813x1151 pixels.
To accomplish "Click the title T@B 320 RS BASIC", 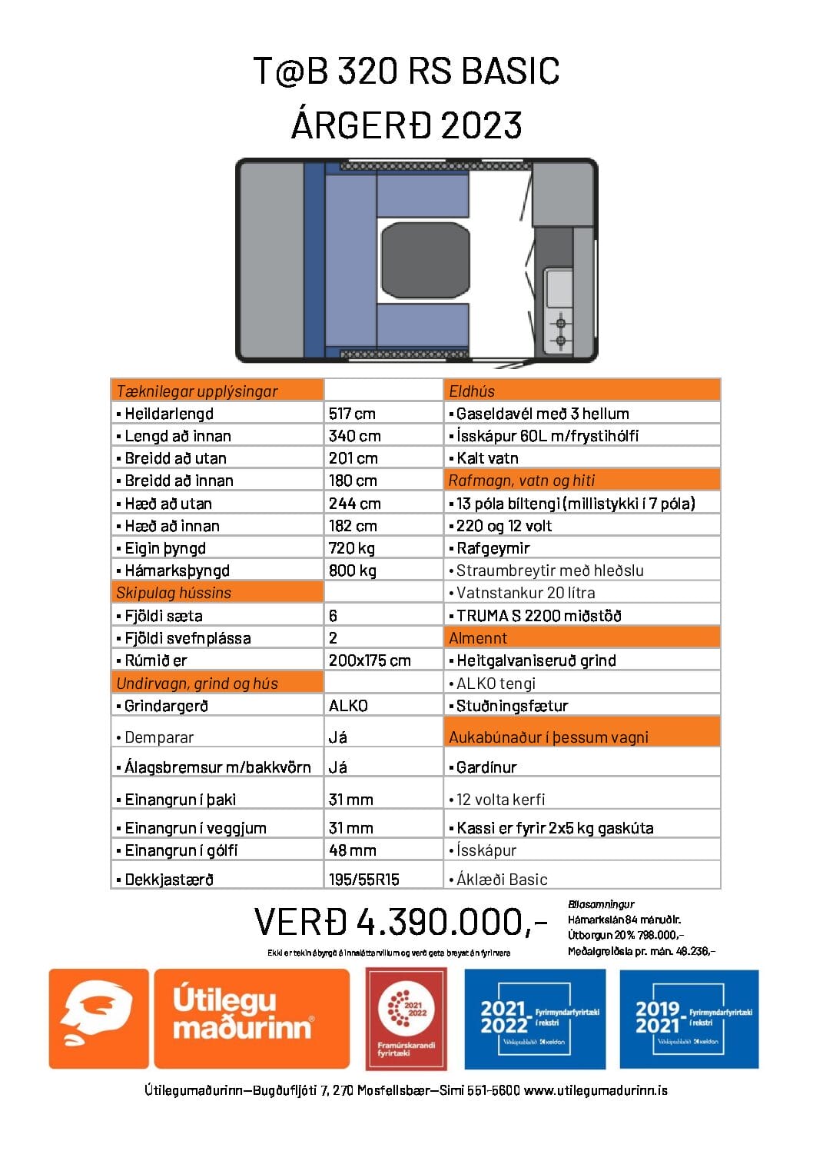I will pyautogui.click(x=406, y=71).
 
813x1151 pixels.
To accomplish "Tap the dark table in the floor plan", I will pyautogui.click(x=423, y=261).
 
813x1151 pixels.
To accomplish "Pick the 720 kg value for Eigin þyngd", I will pyautogui.click(x=352, y=548).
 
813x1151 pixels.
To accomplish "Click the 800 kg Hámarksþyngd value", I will pyautogui.click(x=352, y=571).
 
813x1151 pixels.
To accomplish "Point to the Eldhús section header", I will pyautogui.click(x=472, y=391).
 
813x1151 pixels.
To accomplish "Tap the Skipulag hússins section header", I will pyautogui.click(x=174, y=593).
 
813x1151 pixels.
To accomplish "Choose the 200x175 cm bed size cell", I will pyautogui.click(x=370, y=660).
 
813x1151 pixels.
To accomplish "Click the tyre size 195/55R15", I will pyautogui.click(x=364, y=880).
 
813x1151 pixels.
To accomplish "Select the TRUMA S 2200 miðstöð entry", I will pyautogui.click(x=539, y=616).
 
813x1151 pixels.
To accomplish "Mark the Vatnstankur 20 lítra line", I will pyautogui.click(x=526, y=593).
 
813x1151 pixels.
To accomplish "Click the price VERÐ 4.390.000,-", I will pyautogui.click(x=401, y=921).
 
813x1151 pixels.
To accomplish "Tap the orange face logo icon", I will pyautogui.click(x=98, y=1019).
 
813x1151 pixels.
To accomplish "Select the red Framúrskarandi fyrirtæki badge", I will pyautogui.click(x=406, y=1019).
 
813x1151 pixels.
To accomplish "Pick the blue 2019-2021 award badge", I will pyautogui.click(x=689, y=1019).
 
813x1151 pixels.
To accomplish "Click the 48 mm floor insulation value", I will pyautogui.click(x=352, y=850).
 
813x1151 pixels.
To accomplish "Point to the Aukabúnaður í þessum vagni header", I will pyautogui.click(x=549, y=737).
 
